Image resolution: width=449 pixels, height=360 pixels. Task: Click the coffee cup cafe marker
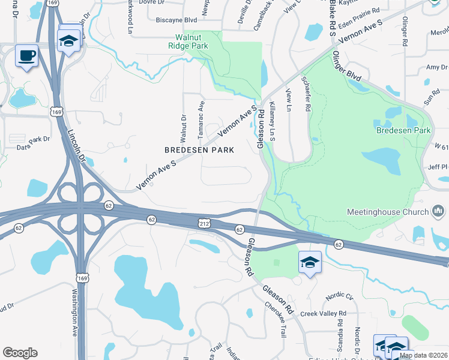click(26, 56)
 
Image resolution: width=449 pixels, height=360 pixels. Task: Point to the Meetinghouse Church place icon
click(438, 211)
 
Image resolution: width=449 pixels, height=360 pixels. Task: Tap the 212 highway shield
click(203, 223)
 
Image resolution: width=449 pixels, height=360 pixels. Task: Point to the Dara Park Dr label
click(33, 142)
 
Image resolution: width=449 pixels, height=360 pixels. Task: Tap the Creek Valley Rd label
click(324, 314)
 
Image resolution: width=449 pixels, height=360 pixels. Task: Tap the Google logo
click(20, 353)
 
